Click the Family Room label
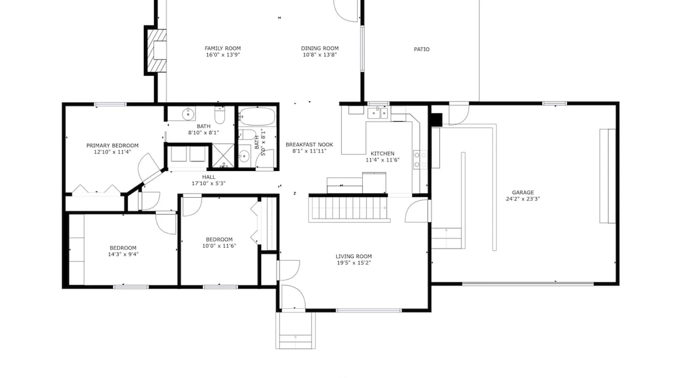pyautogui.click(x=222, y=48)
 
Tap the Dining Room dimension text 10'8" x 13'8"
pyautogui.click(x=320, y=55)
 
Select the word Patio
pyautogui.click(x=421, y=49)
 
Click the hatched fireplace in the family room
pyautogui.click(x=157, y=50)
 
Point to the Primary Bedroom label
pyautogui.click(x=112, y=146)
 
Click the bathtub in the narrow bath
pyautogui.click(x=257, y=116)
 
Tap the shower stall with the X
pyautogui.click(x=223, y=155)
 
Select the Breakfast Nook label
pyautogui.click(x=309, y=144)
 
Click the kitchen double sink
pyautogui.click(x=378, y=113)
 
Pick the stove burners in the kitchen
pyautogui.click(x=420, y=160)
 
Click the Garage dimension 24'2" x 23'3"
pyautogui.click(x=523, y=199)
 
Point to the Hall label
pyautogui.click(x=209, y=177)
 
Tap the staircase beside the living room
pyautogui.click(x=349, y=208)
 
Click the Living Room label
pyautogui.click(x=354, y=256)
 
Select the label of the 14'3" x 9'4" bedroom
pyautogui.click(x=123, y=248)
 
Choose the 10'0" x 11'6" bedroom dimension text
pyautogui.click(x=219, y=246)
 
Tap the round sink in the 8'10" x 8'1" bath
pyautogui.click(x=188, y=113)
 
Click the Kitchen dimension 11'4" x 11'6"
pyautogui.click(x=382, y=160)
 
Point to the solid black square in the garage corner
pyautogui.click(x=437, y=119)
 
